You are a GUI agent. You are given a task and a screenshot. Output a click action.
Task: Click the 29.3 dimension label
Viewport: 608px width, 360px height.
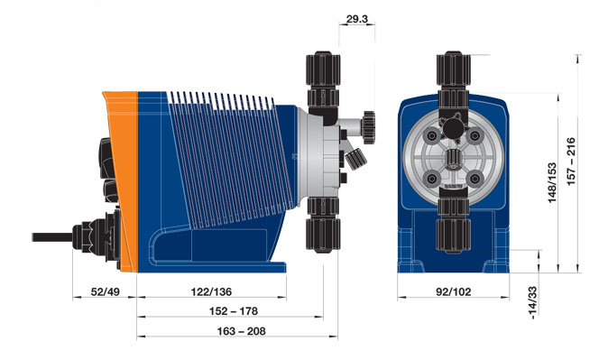(x=356, y=19)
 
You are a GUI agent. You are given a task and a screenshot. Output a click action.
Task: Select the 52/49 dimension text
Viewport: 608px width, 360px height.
(x=106, y=291)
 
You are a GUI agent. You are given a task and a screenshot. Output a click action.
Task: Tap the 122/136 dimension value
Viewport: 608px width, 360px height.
(x=211, y=291)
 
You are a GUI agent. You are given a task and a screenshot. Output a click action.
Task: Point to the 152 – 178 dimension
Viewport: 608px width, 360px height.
(x=234, y=311)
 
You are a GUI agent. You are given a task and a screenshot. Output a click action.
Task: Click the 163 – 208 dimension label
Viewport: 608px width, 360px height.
(x=241, y=331)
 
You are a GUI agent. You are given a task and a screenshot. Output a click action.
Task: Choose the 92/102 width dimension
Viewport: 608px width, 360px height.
(x=453, y=291)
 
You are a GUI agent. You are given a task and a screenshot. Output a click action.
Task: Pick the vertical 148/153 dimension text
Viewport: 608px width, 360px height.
(x=552, y=183)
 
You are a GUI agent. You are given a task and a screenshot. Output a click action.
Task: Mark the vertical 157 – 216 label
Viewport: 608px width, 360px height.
(x=571, y=162)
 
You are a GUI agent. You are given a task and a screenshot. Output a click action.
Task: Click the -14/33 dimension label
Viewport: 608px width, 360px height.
(x=533, y=302)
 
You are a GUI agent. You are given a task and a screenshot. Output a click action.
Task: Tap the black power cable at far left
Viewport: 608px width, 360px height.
(x=52, y=237)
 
